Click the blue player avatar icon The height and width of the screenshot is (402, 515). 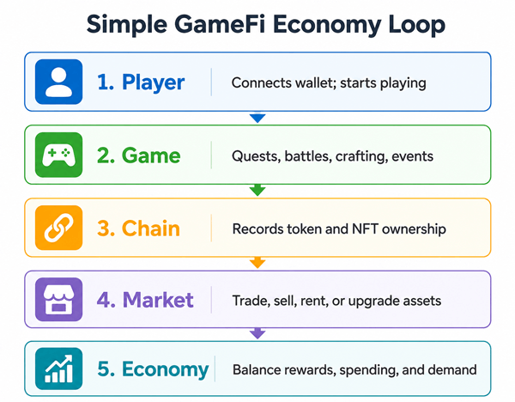pos(58,82)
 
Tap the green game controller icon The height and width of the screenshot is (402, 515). pos(58,155)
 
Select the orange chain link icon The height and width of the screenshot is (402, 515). pos(58,228)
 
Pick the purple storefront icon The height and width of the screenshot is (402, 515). pos(58,300)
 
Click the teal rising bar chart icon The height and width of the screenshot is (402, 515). pos(58,368)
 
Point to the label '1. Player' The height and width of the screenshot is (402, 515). pos(141,82)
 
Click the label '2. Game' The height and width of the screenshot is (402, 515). pos(139,155)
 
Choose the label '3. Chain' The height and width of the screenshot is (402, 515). pos(138,228)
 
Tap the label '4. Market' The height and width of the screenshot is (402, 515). pos(145,300)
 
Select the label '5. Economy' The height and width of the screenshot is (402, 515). pos(153,369)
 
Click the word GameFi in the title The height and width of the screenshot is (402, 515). pos(220,24)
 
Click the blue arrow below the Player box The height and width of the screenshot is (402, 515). pos(257,118)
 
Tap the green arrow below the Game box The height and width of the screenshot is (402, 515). pos(257,190)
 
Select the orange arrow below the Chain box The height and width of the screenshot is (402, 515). pos(257,263)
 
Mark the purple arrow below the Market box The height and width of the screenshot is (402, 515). pos(257,333)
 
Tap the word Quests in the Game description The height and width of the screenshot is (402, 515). pos(256,156)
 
